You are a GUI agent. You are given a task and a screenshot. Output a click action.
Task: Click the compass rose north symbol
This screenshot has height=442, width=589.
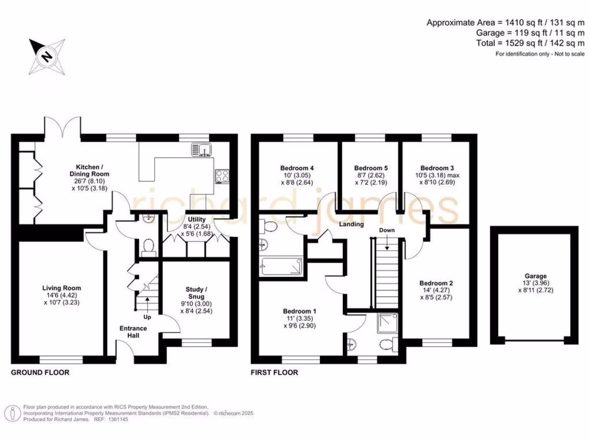coord(45,56)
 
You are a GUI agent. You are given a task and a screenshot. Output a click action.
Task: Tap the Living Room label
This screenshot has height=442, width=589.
coord(61,288)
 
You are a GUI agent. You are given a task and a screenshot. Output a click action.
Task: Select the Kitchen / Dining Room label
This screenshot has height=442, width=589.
coord(89,170)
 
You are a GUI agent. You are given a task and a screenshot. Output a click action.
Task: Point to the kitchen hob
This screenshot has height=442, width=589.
coord(222,176)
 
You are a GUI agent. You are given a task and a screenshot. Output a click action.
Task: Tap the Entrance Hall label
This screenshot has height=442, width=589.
coord(133,332)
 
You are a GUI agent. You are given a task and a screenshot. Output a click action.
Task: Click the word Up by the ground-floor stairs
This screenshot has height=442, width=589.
coord(148,317)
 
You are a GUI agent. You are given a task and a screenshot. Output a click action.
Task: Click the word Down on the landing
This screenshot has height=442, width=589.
coord(387,230)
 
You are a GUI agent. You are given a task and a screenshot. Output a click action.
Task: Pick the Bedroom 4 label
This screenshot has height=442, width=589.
coord(297,168)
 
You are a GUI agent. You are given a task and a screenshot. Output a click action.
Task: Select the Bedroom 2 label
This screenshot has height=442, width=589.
coord(435,283)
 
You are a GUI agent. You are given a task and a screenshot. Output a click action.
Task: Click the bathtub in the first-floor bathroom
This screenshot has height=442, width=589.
coord(281,265)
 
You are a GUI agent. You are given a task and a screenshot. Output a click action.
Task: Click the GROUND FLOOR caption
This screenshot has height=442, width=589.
coord(40,372)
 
